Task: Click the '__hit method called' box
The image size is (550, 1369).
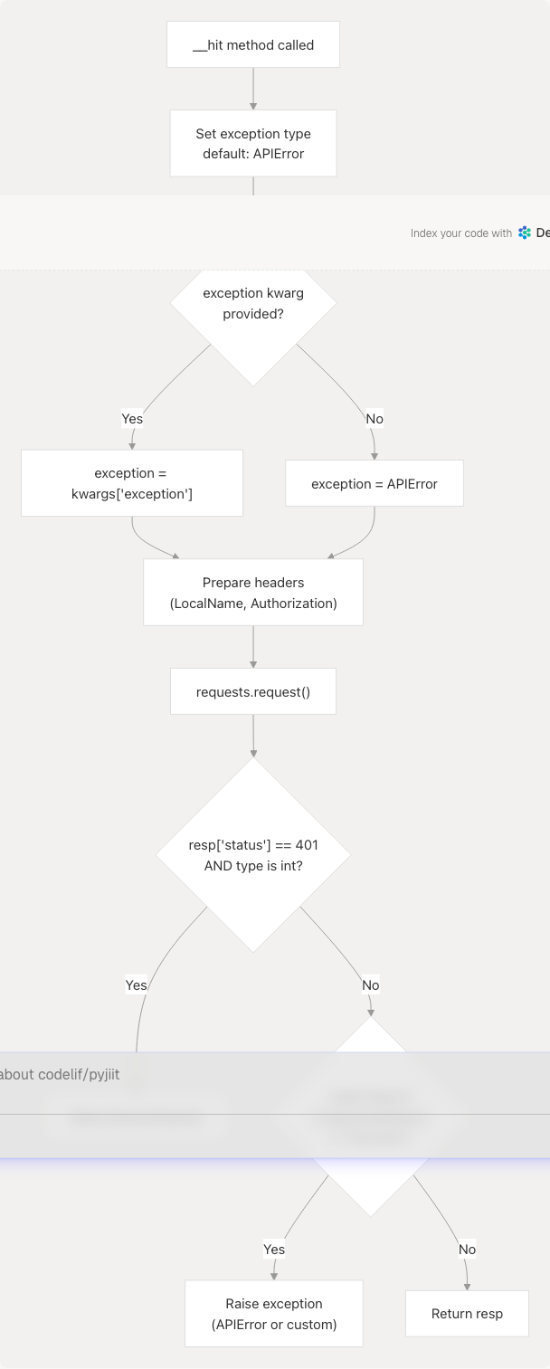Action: [253, 45]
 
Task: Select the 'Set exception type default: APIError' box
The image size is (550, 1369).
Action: [253, 144]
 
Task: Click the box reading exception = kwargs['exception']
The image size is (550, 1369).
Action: [132, 483]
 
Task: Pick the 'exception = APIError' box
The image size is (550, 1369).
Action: [375, 484]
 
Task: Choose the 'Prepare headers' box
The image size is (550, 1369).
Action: [253, 593]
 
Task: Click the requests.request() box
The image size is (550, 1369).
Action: [253, 692]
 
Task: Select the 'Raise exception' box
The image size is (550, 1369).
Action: [274, 1314]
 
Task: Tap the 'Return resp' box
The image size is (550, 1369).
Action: [467, 1314]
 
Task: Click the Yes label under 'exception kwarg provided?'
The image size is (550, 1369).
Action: [132, 419]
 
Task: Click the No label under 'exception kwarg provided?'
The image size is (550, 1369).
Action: [375, 419]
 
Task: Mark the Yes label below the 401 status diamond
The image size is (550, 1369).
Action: [137, 985]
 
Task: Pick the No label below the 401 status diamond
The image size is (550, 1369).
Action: [371, 985]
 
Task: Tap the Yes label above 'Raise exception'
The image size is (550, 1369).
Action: [274, 1250]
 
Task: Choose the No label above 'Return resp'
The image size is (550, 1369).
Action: [467, 1250]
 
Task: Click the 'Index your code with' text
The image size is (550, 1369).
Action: [461, 233]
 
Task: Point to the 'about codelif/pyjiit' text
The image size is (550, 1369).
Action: [60, 1075]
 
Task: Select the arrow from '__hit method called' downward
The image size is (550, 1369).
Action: [253, 89]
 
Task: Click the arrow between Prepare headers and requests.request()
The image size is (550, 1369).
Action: [253, 646]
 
